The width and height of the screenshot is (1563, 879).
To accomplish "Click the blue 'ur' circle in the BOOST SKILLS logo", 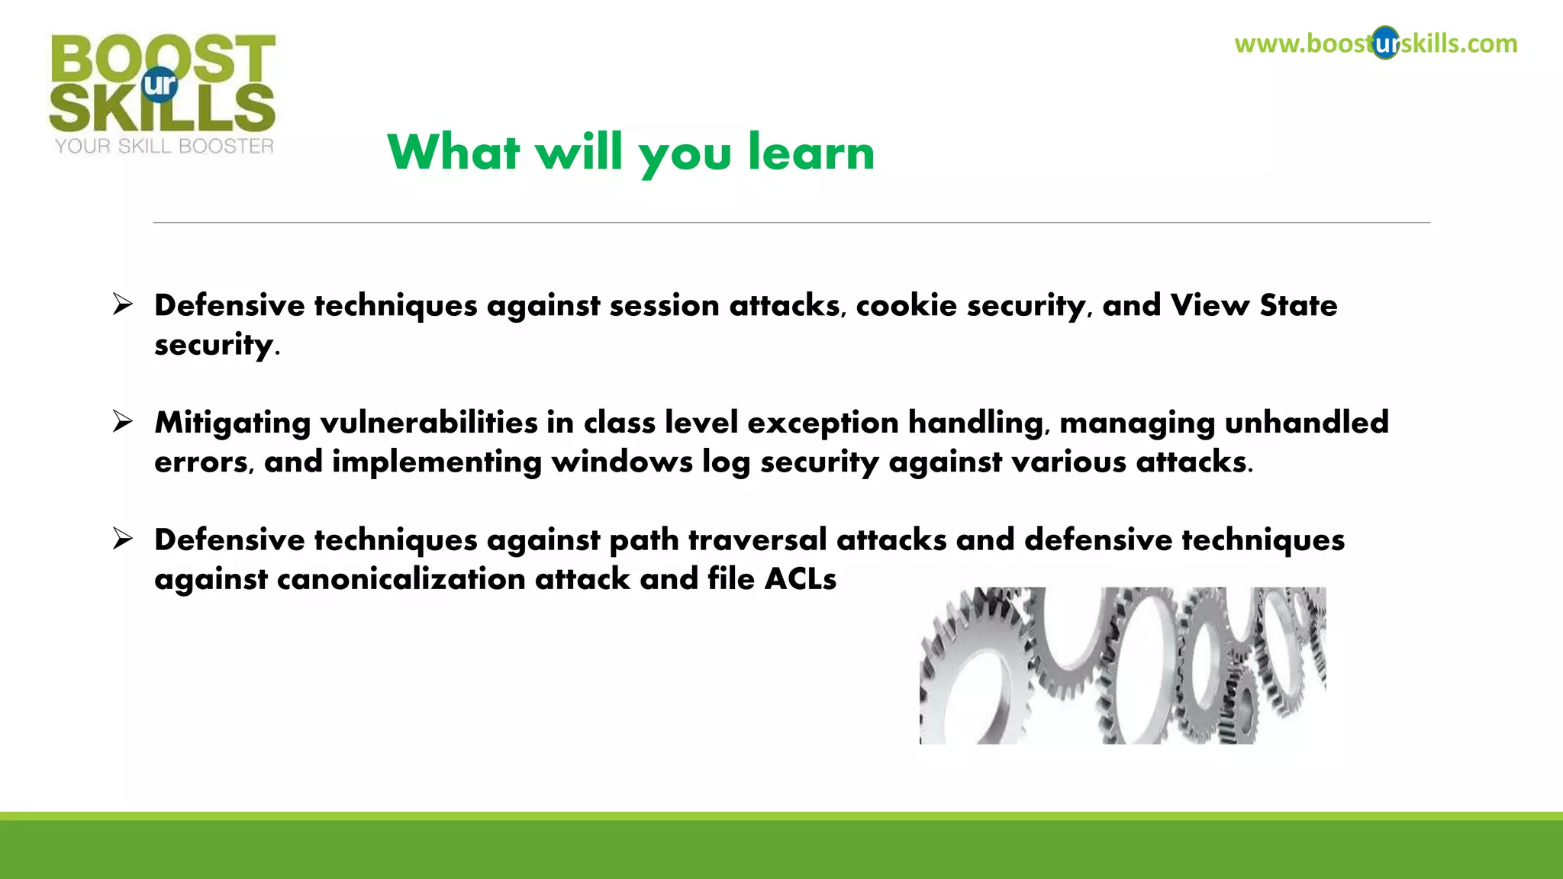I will [x=160, y=84].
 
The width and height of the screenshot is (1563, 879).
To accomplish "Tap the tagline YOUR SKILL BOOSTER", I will [x=164, y=146].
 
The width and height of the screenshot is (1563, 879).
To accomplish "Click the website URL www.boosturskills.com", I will [x=1375, y=43].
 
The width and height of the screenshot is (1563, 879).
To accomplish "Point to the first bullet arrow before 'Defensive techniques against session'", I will [x=122, y=304].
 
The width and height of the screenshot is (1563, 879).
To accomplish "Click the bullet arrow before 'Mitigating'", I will [x=122, y=421].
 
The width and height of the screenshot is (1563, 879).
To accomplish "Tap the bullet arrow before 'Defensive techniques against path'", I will [x=122, y=539].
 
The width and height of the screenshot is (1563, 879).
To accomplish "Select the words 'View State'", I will [x=1254, y=305].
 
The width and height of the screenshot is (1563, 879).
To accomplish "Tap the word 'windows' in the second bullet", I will [x=622, y=462].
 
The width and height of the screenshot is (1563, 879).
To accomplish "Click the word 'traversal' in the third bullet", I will [x=757, y=539].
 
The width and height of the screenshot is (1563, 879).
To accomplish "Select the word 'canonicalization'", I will [x=401, y=578].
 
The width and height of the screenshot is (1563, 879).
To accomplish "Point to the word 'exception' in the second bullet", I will [x=823, y=423].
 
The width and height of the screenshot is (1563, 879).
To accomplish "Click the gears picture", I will [x=1122, y=665].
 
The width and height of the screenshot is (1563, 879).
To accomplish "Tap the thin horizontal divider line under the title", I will [x=791, y=223].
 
